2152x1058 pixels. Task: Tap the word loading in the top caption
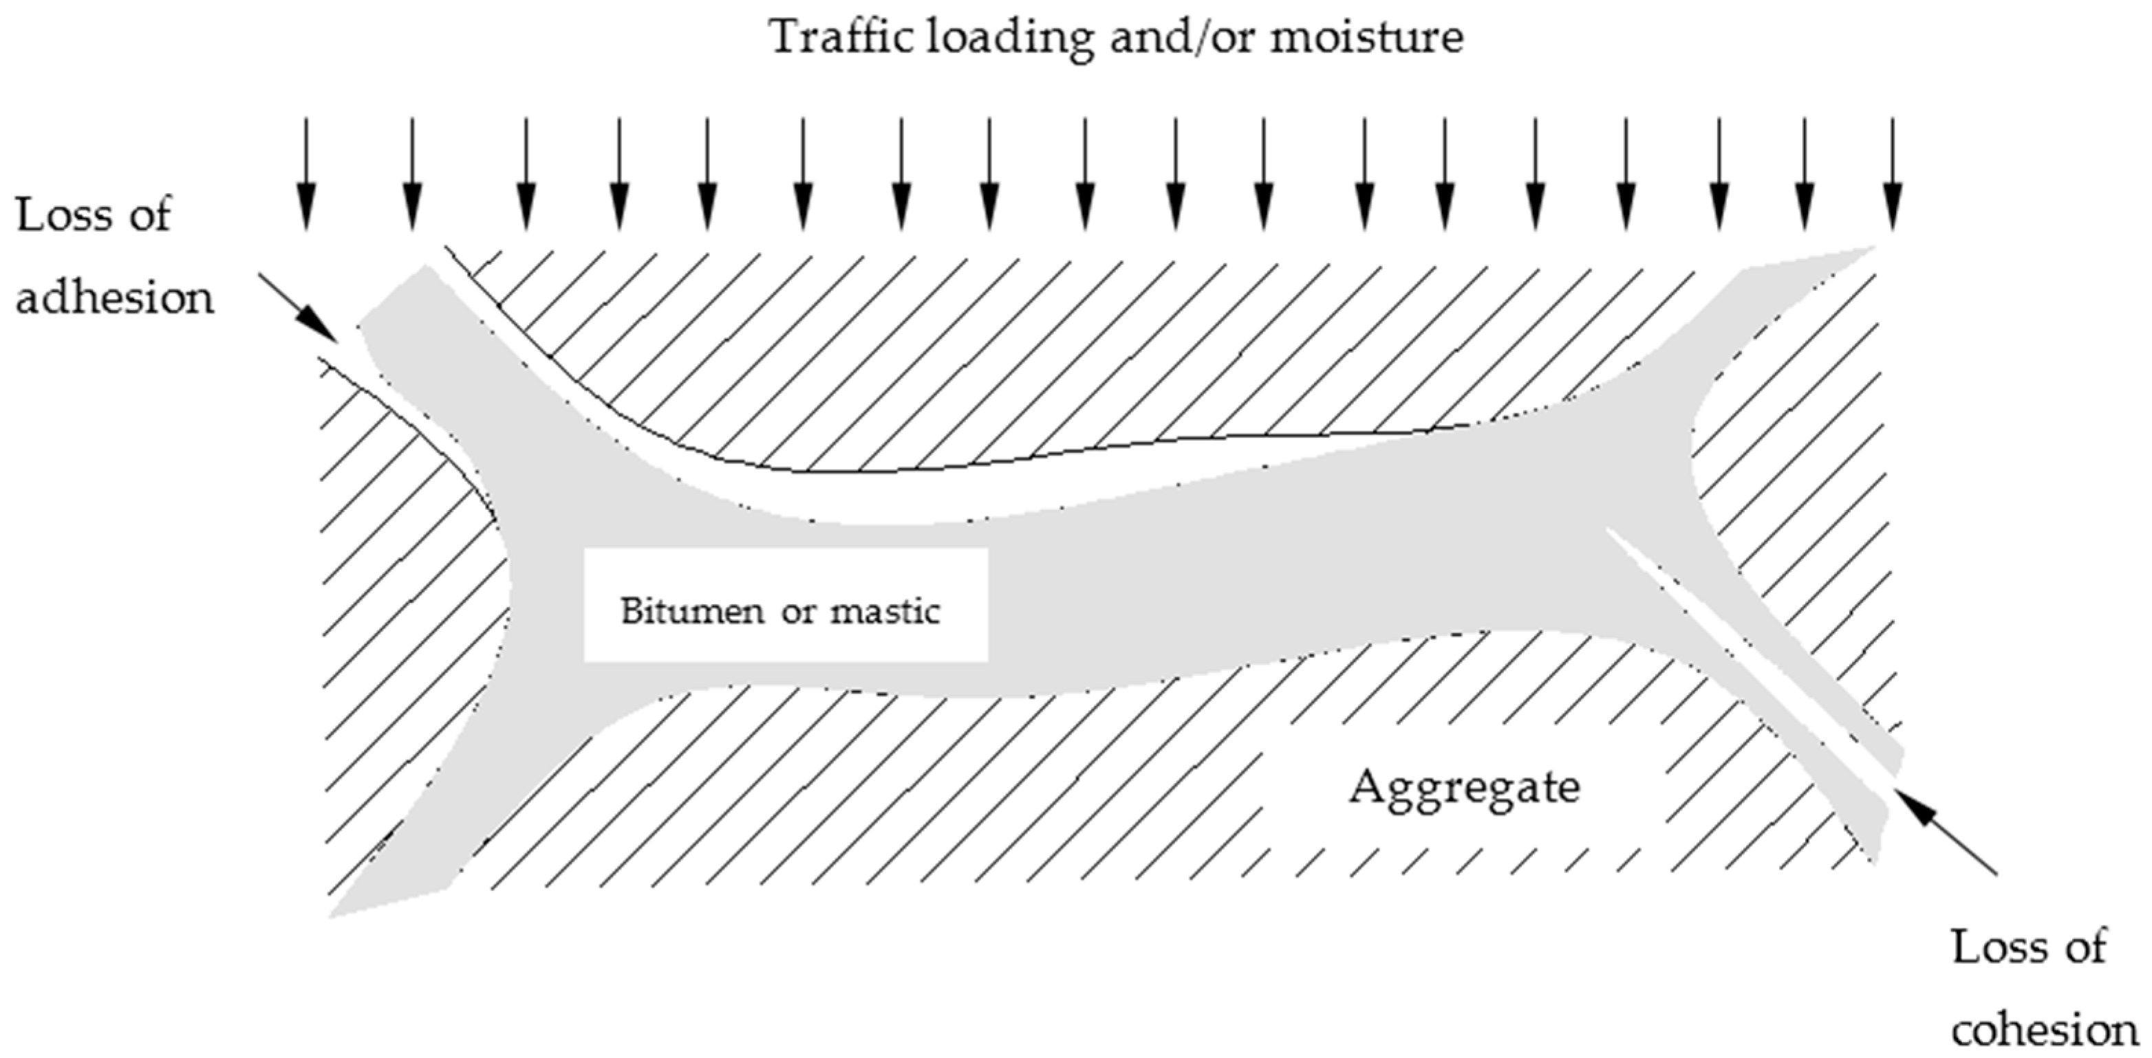(1009, 38)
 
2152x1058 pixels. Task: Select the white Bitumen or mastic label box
(785, 604)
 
